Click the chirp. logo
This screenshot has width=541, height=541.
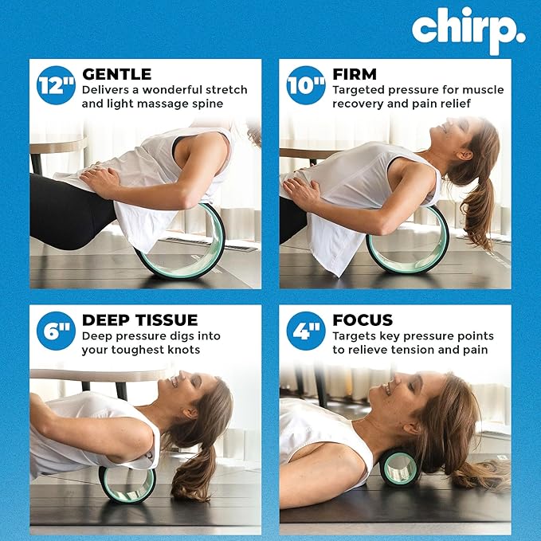[468, 29]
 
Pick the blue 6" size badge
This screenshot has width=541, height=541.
[56, 331]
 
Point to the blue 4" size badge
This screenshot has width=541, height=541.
[306, 331]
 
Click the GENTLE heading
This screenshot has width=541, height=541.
[116, 74]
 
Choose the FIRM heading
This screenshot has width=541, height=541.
[355, 74]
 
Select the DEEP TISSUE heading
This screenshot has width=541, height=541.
[139, 320]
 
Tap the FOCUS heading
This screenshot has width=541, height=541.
[363, 320]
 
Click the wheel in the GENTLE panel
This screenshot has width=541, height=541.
[181, 243]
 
